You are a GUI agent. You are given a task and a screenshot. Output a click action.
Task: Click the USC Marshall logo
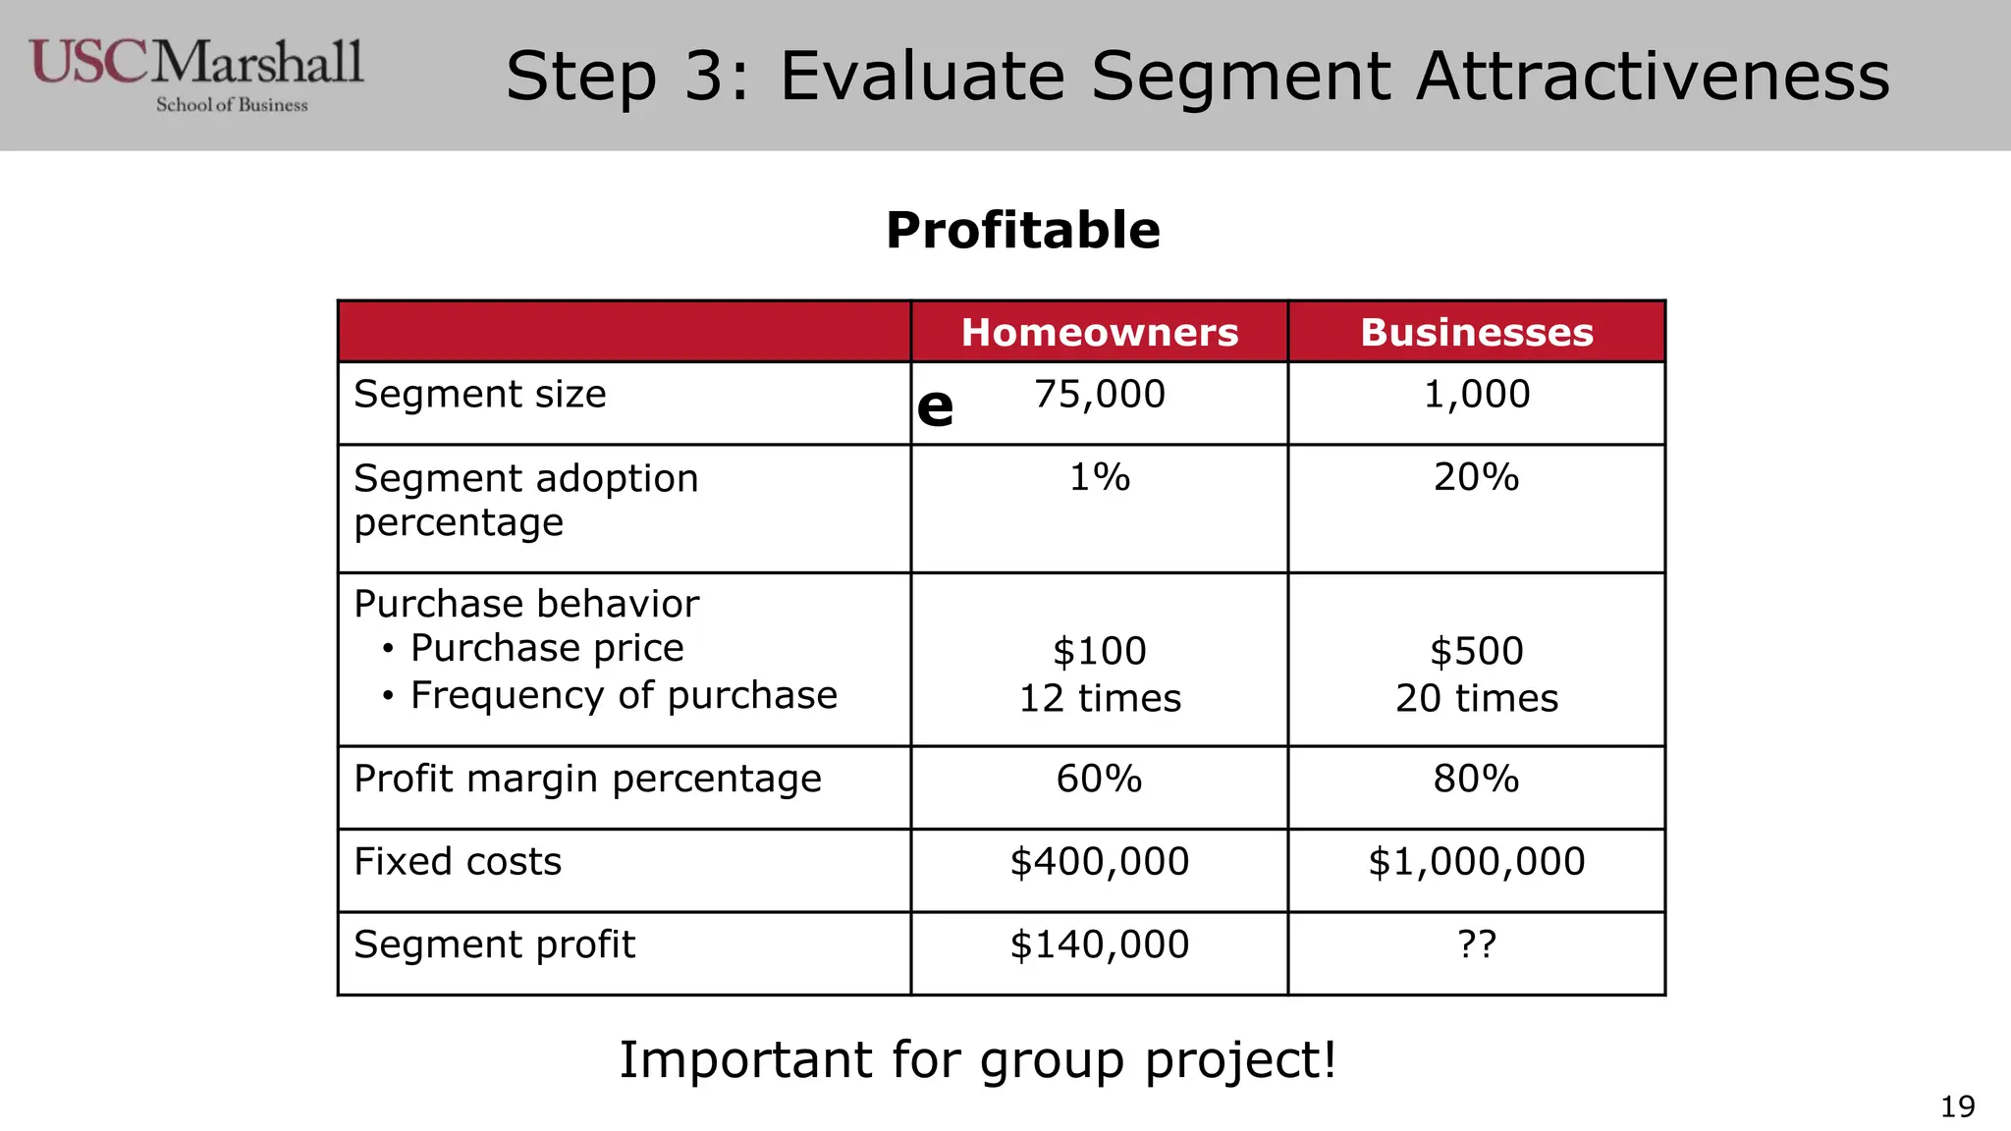pos(196,75)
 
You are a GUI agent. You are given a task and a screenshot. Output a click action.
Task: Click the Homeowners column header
pos(1100,332)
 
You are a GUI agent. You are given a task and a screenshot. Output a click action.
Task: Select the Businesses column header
pos(1477,332)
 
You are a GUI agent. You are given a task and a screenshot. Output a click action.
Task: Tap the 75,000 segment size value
pos(1100,395)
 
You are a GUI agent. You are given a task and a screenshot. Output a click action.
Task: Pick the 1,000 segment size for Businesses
pos(1477,395)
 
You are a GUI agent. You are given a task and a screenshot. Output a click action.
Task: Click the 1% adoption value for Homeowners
pos(1100,477)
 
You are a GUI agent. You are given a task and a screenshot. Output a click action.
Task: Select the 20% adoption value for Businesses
pos(1477,477)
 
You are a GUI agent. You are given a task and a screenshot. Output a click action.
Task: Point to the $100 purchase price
pos(1100,651)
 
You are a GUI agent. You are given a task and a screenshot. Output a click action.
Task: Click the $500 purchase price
pos(1477,651)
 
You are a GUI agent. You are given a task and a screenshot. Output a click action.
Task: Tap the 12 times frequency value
pos(1100,698)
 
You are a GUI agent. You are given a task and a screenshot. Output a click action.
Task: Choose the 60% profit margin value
pos(1100,779)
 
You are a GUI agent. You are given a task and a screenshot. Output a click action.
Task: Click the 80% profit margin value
pos(1477,779)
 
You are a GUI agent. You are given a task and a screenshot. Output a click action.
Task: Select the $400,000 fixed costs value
pos(1100,862)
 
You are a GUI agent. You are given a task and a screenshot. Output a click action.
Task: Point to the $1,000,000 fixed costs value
pos(1477,862)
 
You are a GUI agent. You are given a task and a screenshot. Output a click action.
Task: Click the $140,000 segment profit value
pos(1100,944)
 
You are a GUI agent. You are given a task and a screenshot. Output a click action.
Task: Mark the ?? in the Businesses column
pos(1477,944)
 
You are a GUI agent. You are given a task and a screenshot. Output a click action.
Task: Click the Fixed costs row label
pos(458,862)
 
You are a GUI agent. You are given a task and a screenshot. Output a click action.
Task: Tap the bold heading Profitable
pos(1023,231)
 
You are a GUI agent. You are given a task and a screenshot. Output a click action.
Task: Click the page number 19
pos(1958,1107)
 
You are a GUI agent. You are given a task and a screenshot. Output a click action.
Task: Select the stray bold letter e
pos(935,407)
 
